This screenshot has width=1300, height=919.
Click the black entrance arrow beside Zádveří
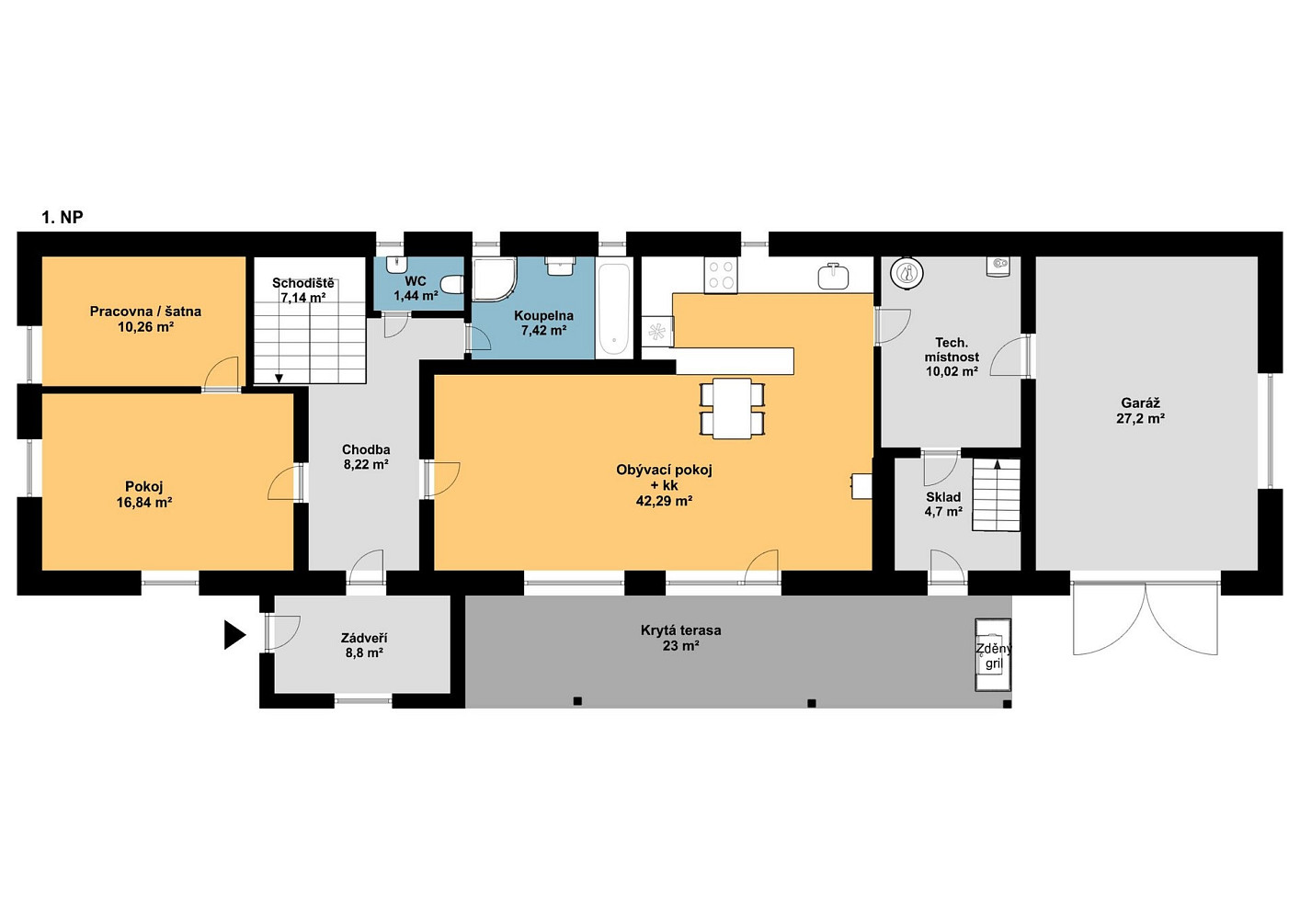[234, 635]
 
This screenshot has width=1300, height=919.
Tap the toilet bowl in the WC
[452, 285]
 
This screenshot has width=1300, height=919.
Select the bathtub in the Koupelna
[614, 311]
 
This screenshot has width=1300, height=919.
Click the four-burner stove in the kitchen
[721, 276]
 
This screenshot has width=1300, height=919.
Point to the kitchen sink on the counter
[833, 277]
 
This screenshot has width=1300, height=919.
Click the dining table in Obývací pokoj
[733, 408]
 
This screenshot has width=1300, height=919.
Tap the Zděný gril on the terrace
[993, 655]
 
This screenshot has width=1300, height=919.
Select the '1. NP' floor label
[63, 217]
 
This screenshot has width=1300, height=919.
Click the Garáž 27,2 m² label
[1140, 410]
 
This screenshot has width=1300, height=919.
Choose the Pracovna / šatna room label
[145, 311]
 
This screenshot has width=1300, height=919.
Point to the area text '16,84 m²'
[144, 502]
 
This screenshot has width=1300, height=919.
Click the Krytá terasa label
[680, 630]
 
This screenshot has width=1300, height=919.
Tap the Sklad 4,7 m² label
[943, 505]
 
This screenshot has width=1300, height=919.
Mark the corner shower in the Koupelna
[494, 279]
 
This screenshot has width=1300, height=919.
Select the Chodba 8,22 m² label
[366, 457]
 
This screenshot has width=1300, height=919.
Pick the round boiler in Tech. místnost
[907, 273]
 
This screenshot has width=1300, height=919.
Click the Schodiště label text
[303, 283]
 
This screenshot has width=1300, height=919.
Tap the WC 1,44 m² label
[416, 289]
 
